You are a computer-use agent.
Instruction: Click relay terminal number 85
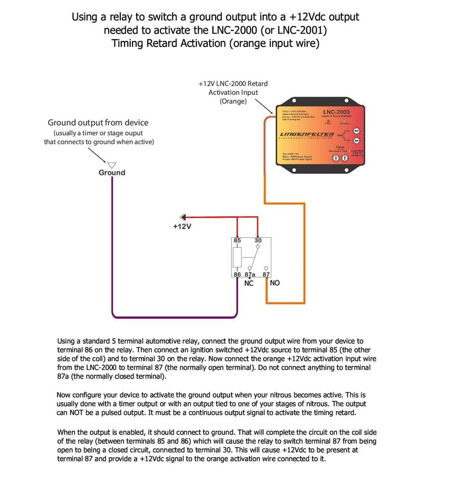click(x=237, y=241)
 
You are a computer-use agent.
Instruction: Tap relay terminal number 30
click(x=258, y=241)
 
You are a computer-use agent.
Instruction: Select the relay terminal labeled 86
click(x=237, y=274)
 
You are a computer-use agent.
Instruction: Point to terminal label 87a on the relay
click(x=249, y=274)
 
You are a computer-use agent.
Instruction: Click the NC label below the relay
click(x=249, y=284)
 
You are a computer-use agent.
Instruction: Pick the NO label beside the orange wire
click(x=275, y=283)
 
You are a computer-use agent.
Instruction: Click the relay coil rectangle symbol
click(x=237, y=257)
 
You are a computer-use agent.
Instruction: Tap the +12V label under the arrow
click(x=182, y=227)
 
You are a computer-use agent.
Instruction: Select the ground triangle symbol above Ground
click(x=111, y=164)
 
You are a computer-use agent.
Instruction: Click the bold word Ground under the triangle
click(x=112, y=173)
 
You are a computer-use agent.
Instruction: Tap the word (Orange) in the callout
click(x=233, y=102)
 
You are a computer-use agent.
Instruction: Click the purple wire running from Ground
click(x=113, y=248)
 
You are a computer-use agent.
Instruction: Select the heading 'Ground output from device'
click(x=98, y=123)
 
